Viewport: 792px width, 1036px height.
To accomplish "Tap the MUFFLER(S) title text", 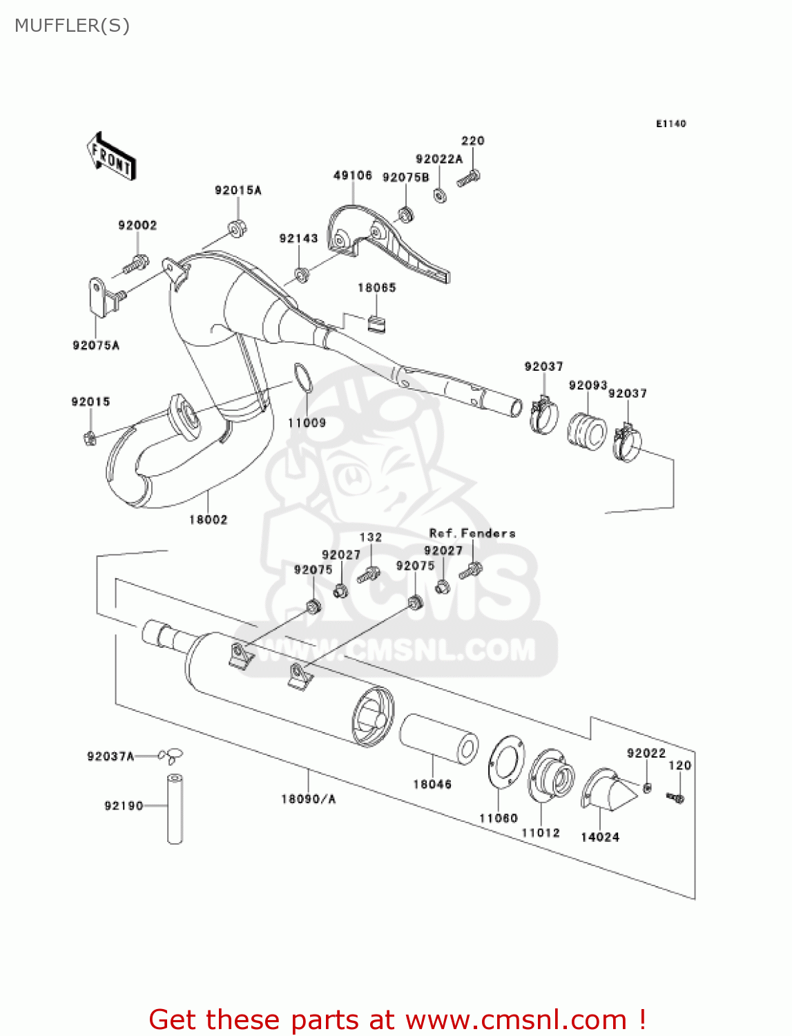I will (72, 26).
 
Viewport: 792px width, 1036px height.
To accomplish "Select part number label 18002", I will (208, 519).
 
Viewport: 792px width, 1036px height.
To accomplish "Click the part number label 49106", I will (353, 175).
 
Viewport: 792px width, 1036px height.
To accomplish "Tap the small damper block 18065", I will (377, 323).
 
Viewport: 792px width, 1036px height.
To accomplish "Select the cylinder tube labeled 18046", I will (438, 739).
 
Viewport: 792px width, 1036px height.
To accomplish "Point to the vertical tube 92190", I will (175, 809).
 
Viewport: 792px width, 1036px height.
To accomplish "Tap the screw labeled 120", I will (675, 798).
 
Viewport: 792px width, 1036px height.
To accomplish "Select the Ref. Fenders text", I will (472, 533).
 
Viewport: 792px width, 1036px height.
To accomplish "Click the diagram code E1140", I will (670, 124).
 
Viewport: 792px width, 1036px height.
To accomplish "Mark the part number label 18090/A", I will (308, 799).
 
